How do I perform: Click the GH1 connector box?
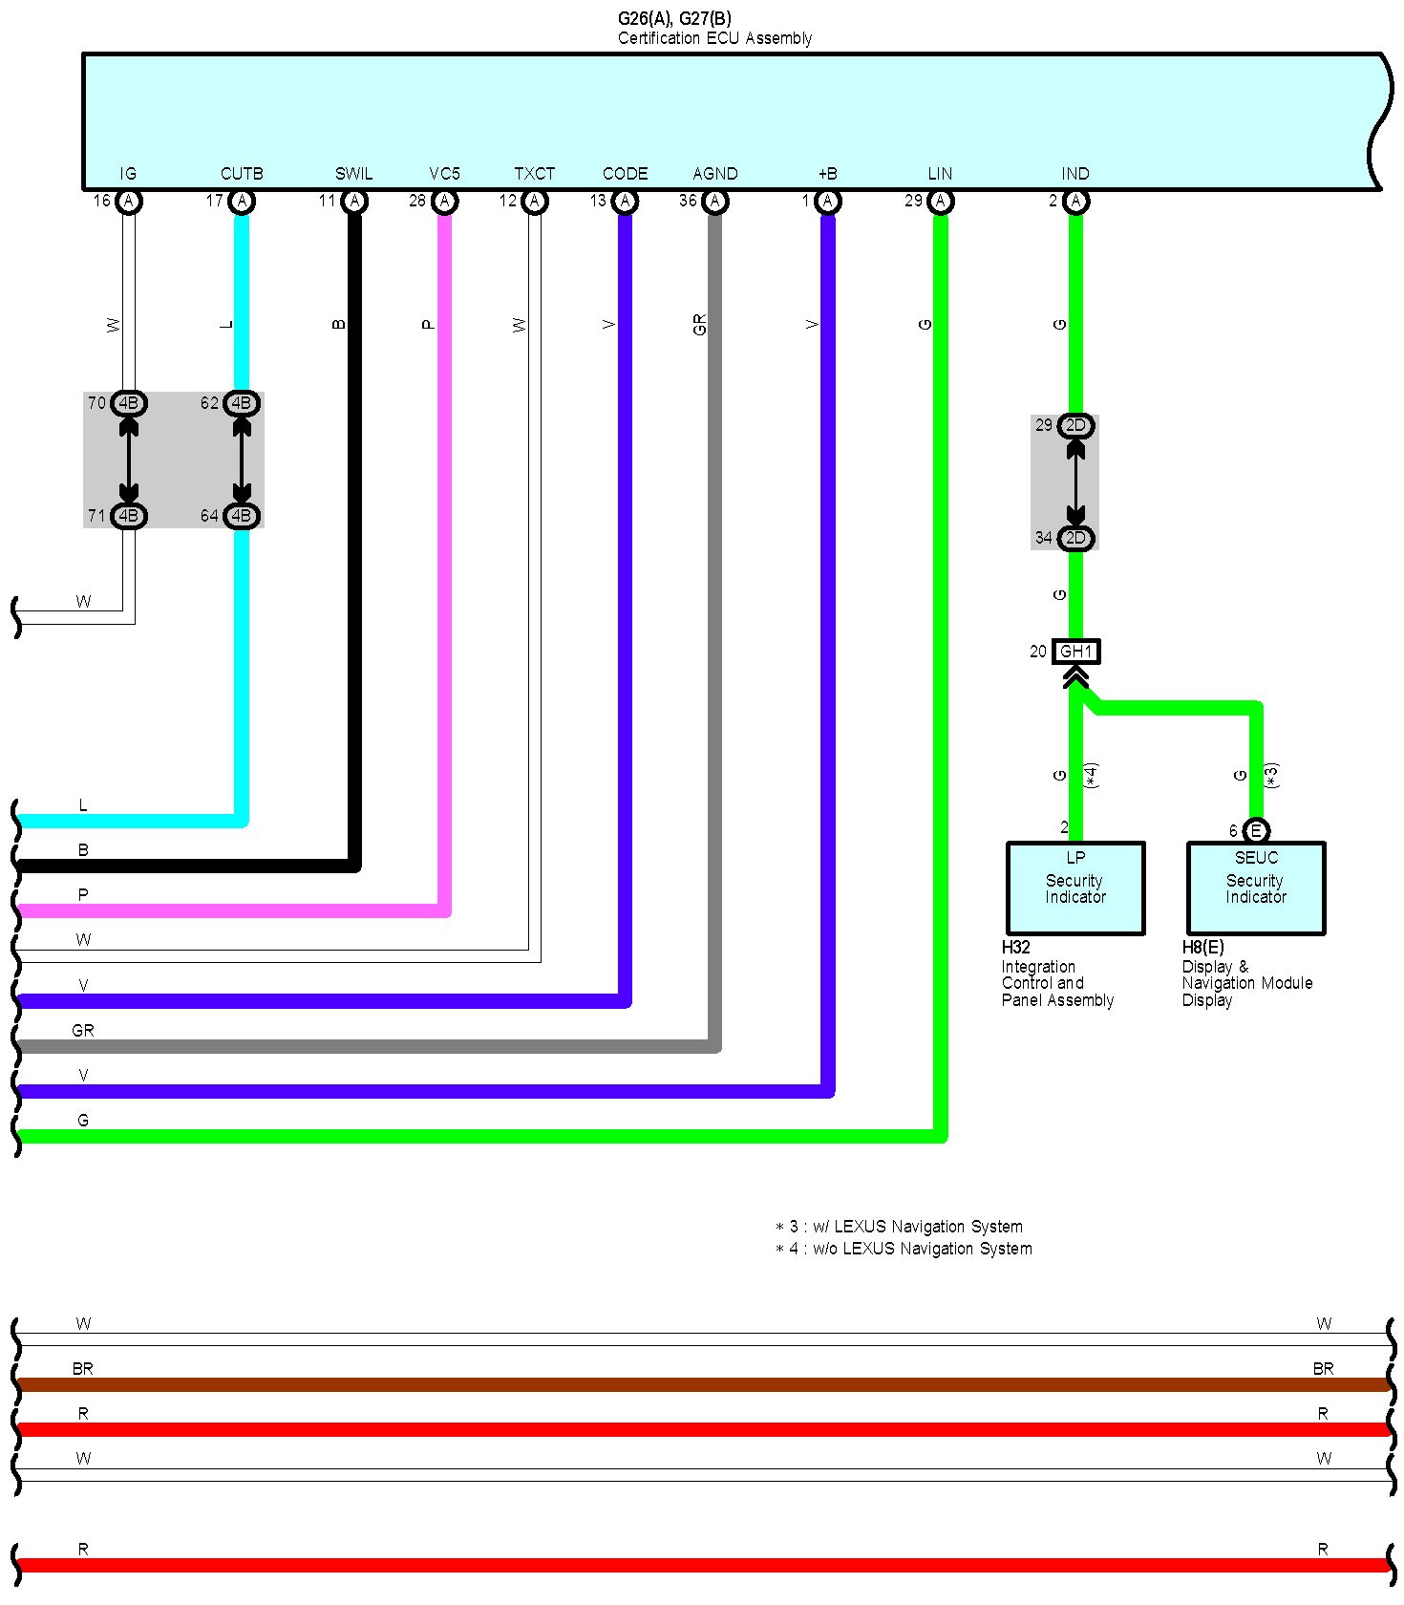tap(1075, 652)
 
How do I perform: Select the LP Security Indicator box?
tap(1075, 888)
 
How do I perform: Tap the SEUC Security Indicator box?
tap(1256, 888)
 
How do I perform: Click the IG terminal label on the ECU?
tap(128, 174)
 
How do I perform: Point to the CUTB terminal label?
tap(242, 174)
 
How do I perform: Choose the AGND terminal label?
tap(715, 174)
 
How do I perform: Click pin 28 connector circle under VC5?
tap(445, 202)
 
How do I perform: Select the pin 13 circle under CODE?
tap(626, 202)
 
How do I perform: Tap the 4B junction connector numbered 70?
tap(128, 403)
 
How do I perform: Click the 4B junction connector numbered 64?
tap(242, 516)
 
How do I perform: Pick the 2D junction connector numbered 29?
tap(1075, 426)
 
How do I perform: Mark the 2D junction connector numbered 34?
tap(1075, 539)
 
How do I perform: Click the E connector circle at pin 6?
tap(1257, 831)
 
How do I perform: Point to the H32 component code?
tap(1015, 948)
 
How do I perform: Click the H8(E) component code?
tap(1202, 948)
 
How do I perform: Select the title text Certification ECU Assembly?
tap(714, 38)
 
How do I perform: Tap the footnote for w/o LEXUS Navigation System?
tap(904, 1249)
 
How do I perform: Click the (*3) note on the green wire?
tap(1271, 776)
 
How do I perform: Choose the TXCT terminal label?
tap(535, 174)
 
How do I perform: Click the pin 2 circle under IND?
tap(1076, 202)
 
